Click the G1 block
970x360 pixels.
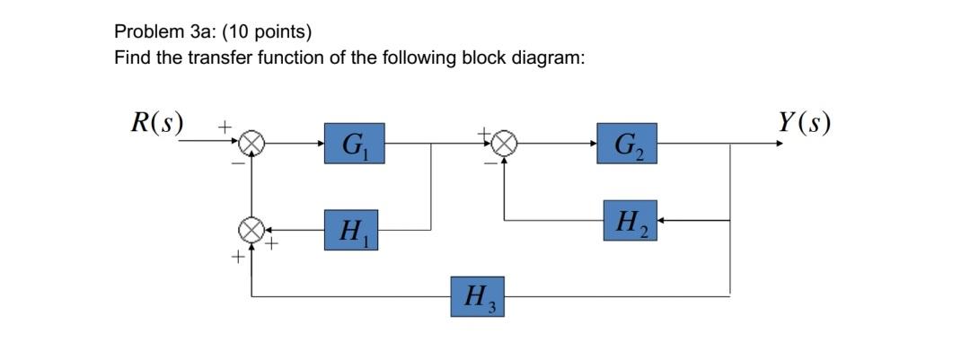point(354,144)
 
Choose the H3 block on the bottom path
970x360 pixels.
point(477,296)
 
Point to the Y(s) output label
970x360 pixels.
point(804,122)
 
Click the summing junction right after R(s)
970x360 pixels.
point(253,143)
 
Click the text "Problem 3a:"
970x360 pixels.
point(154,32)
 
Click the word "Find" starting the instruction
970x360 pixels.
point(130,58)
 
